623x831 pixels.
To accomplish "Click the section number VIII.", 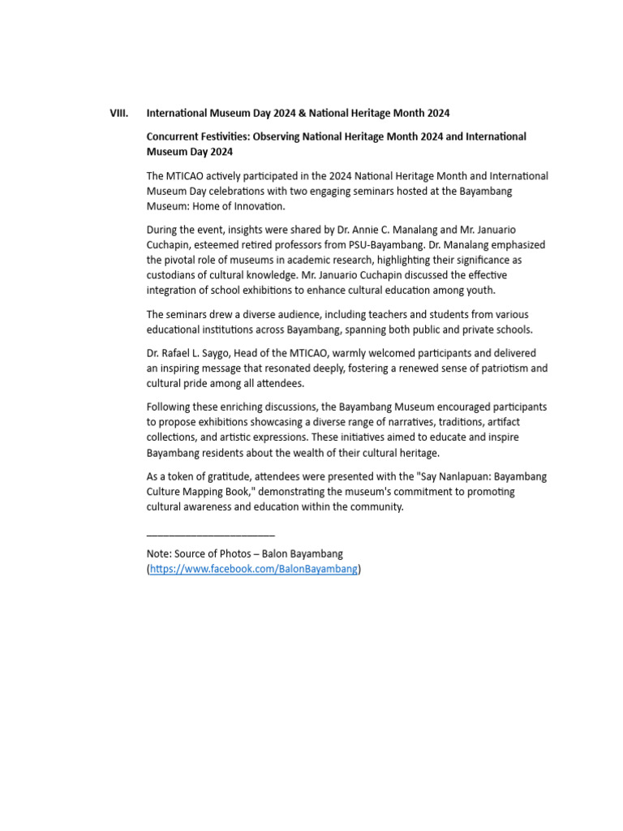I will click(x=118, y=113).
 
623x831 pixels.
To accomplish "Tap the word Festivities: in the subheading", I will click(x=228, y=136).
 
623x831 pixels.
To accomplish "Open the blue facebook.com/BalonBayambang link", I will click(x=253, y=569).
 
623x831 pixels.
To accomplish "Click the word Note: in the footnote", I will click(x=160, y=553).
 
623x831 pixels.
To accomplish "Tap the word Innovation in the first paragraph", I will click(x=259, y=206).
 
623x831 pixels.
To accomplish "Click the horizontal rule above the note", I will click(x=210, y=535).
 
